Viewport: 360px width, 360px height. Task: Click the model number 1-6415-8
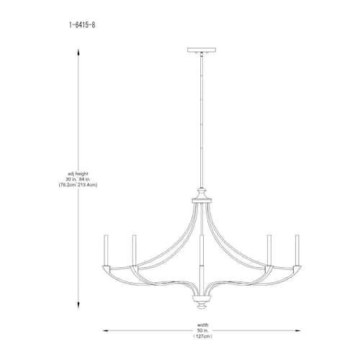pyautogui.click(x=82, y=25)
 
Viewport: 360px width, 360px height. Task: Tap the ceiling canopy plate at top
pyautogui.click(x=202, y=50)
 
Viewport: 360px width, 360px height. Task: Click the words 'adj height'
pyautogui.click(x=78, y=174)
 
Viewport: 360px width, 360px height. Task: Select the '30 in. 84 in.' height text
pyautogui.click(x=78, y=179)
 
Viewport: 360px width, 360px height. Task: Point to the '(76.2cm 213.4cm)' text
pyautogui.click(x=78, y=185)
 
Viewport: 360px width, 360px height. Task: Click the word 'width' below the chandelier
pyautogui.click(x=203, y=325)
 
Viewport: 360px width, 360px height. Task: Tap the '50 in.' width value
pyautogui.click(x=203, y=330)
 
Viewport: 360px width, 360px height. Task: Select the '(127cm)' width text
pyautogui.click(x=203, y=336)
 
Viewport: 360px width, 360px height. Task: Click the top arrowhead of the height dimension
pyautogui.click(x=78, y=53)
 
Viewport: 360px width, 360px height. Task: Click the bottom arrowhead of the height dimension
pyautogui.click(x=78, y=305)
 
